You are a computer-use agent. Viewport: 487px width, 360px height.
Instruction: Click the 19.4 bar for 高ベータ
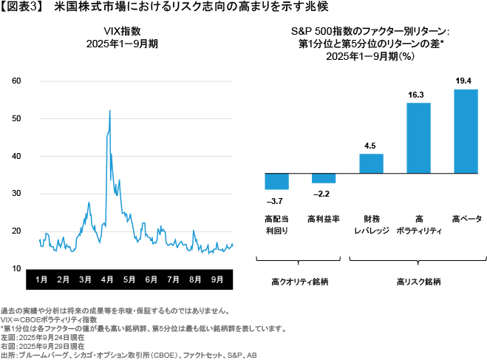pyautogui.click(x=466, y=130)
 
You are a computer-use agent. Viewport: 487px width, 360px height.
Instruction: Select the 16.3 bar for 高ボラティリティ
pyautogui.click(x=419, y=137)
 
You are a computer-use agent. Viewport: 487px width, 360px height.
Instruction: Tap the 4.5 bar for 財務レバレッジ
pyautogui.click(x=371, y=162)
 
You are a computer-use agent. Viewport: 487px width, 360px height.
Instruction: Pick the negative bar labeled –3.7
pyautogui.click(x=276, y=180)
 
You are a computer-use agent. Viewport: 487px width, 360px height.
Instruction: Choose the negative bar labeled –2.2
pyautogui.click(x=324, y=177)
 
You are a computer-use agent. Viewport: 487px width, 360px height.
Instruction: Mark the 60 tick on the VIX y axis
pyautogui.click(x=16, y=81)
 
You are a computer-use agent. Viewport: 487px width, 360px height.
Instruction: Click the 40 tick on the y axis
pyautogui.click(x=16, y=156)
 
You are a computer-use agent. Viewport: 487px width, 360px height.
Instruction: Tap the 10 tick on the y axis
pyautogui.click(x=16, y=268)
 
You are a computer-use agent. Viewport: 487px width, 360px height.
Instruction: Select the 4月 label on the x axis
pyautogui.click(x=107, y=280)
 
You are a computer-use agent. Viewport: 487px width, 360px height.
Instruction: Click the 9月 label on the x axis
pyautogui.click(x=217, y=280)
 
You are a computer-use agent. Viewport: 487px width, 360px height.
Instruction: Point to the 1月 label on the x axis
pyautogui.click(x=41, y=280)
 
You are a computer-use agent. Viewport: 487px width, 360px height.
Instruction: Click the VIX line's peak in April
pyautogui.click(x=110, y=110)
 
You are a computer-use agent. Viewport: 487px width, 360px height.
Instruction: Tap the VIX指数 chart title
pyautogui.click(x=123, y=30)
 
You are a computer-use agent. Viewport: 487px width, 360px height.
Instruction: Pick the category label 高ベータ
pyautogui.click(x=466, y=219)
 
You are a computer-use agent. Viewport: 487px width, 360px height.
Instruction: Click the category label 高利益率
pyautogui.click(x=324, y=219)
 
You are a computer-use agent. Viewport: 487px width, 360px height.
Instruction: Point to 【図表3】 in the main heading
pyautogui.click(x=24, y=7)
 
